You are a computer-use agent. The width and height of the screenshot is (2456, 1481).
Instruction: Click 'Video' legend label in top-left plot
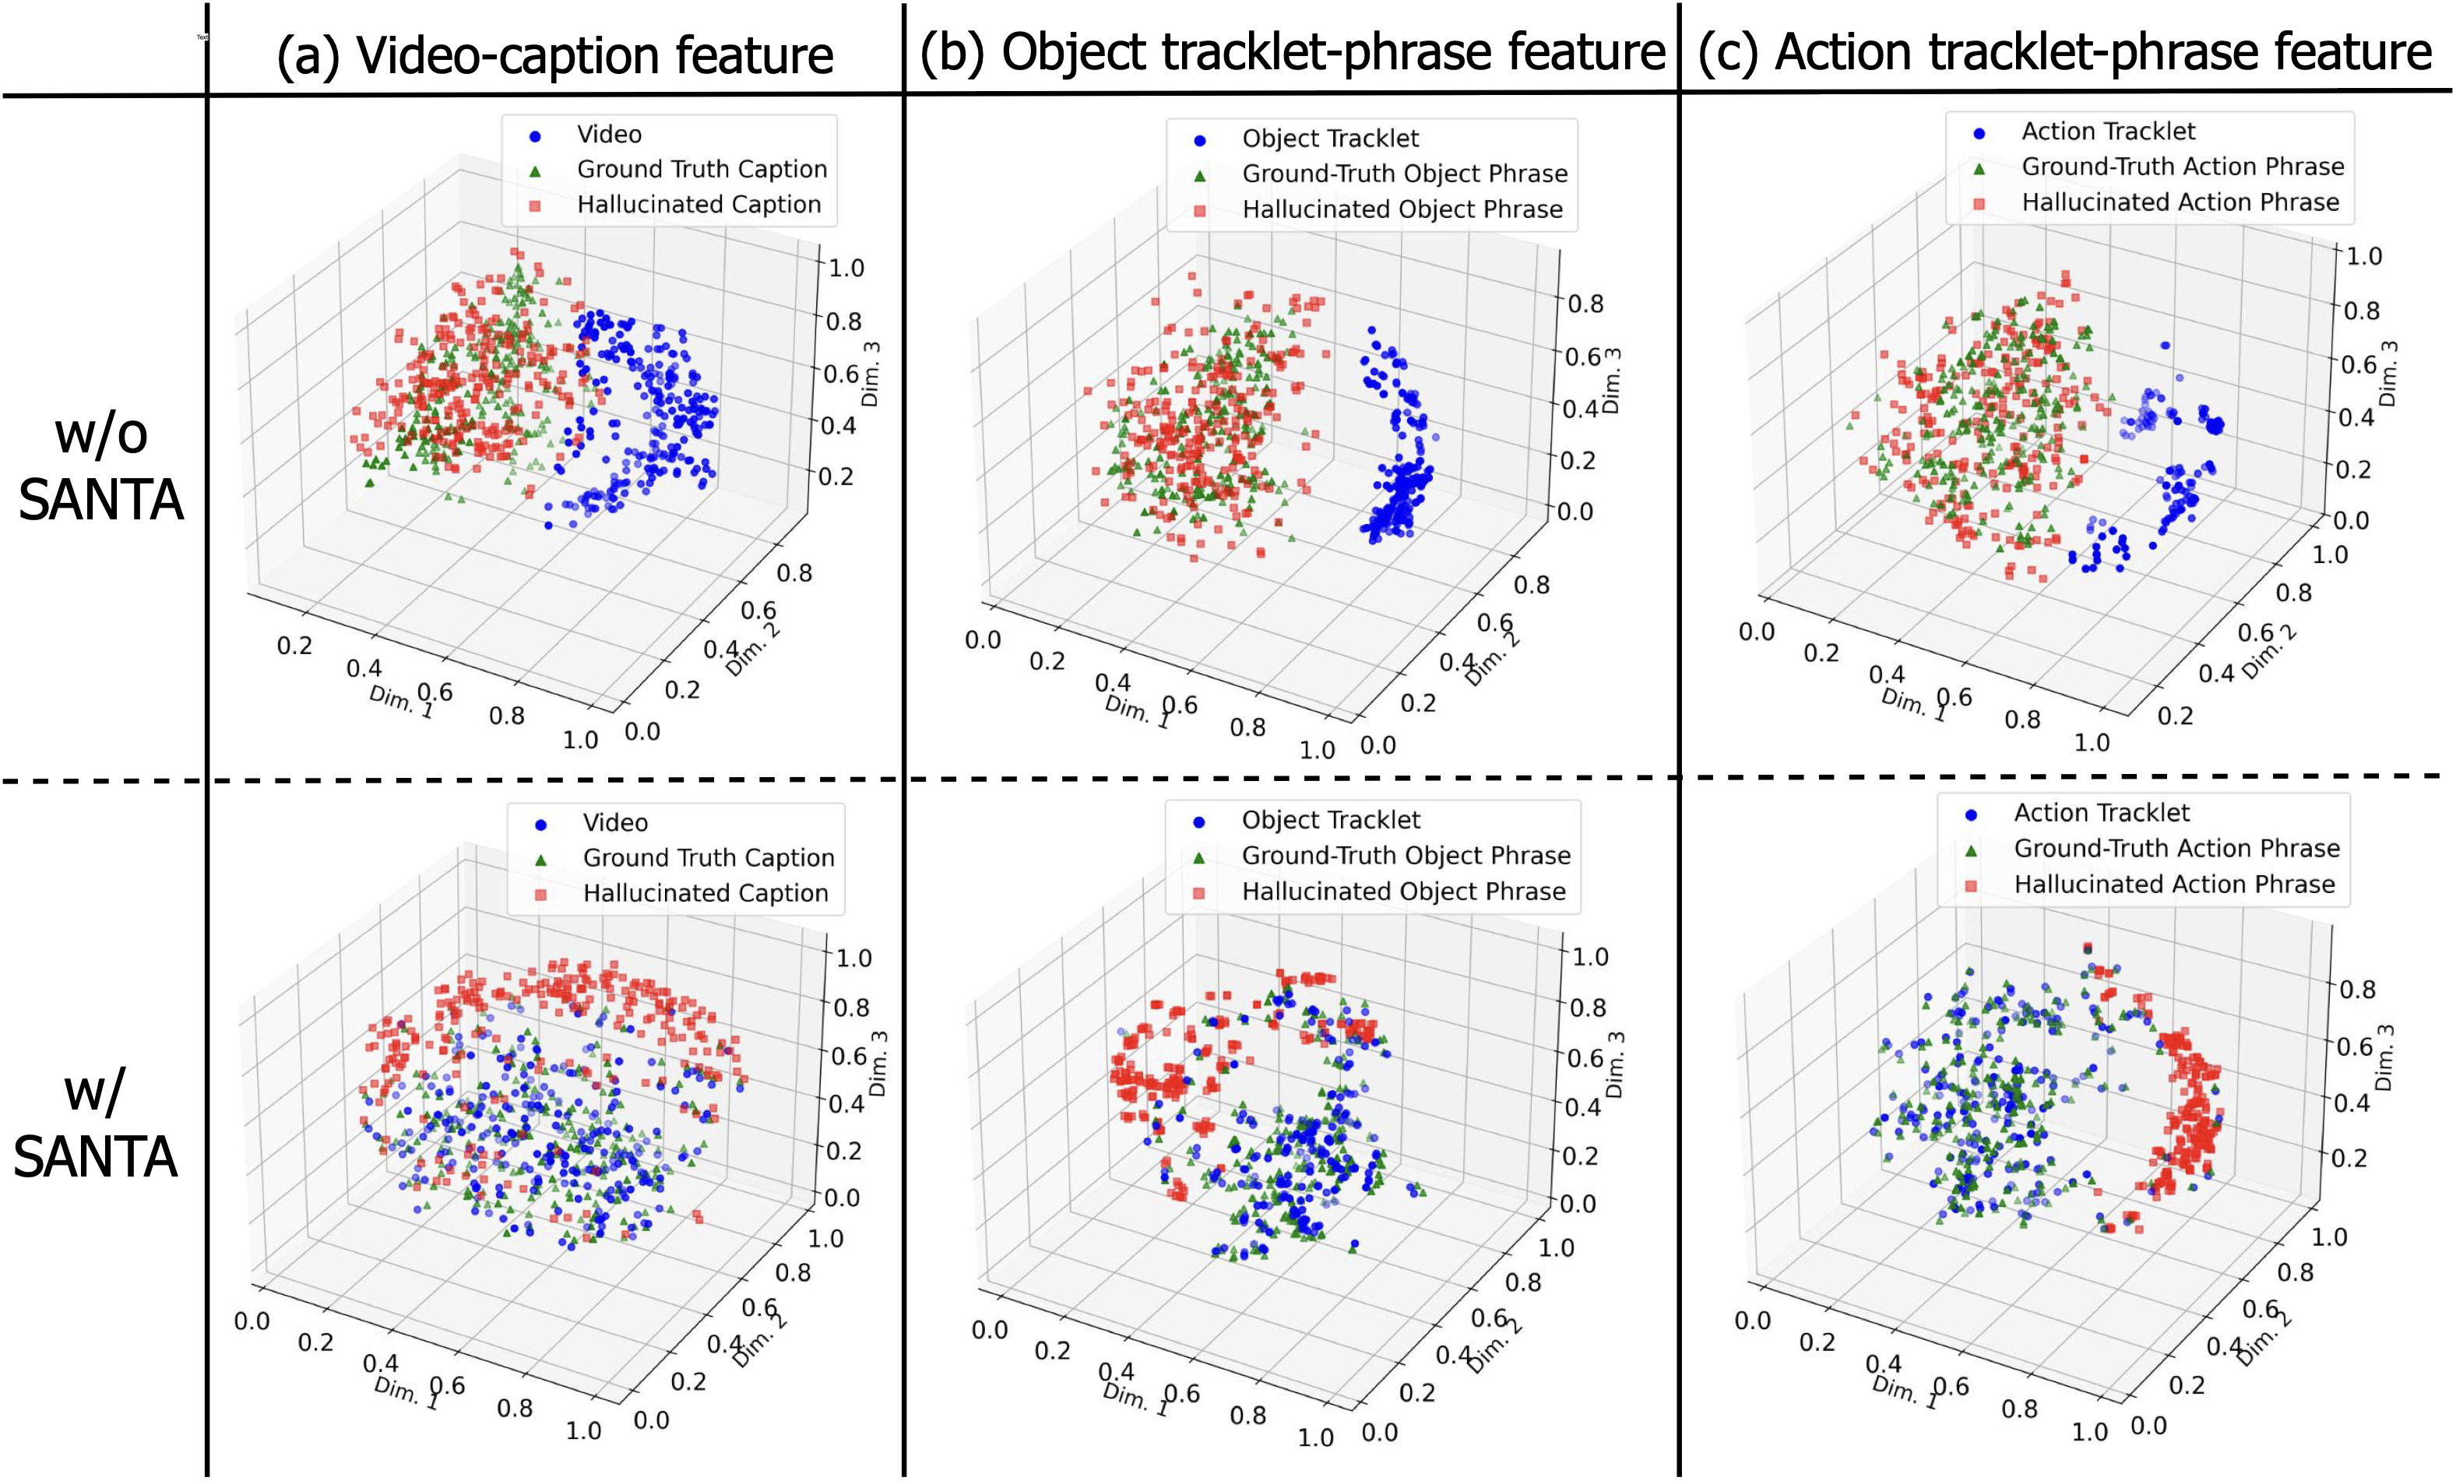(608, 135)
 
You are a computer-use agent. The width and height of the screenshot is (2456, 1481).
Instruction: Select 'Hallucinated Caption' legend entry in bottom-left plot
(705, 893)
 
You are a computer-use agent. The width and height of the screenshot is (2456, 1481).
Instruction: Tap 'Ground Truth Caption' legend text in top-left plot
(702, 170)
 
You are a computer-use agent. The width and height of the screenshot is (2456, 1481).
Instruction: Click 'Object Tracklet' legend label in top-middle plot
(1330, 139)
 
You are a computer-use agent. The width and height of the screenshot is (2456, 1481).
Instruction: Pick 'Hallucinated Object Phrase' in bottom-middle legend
(1403, 891)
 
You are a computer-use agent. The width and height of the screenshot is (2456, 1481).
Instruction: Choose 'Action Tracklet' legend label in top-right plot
(2107, 132)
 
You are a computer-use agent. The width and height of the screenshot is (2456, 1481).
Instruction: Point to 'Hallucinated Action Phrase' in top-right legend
(2180, 202)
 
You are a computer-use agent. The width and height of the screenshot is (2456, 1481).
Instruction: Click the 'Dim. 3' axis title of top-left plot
(870, 374)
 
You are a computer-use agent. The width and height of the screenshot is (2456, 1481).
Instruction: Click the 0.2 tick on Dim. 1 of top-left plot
(294, 645)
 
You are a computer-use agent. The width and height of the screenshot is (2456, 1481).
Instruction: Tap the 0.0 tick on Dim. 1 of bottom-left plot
(252, 1321)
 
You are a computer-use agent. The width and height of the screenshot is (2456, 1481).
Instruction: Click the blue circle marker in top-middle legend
(1199, 140)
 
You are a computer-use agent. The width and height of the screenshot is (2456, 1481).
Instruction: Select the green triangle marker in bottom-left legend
(541, 859)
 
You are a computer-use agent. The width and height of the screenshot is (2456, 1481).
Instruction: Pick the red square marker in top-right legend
(1979, 204)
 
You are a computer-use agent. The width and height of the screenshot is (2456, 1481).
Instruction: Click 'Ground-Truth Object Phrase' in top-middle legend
(1403, 174)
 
